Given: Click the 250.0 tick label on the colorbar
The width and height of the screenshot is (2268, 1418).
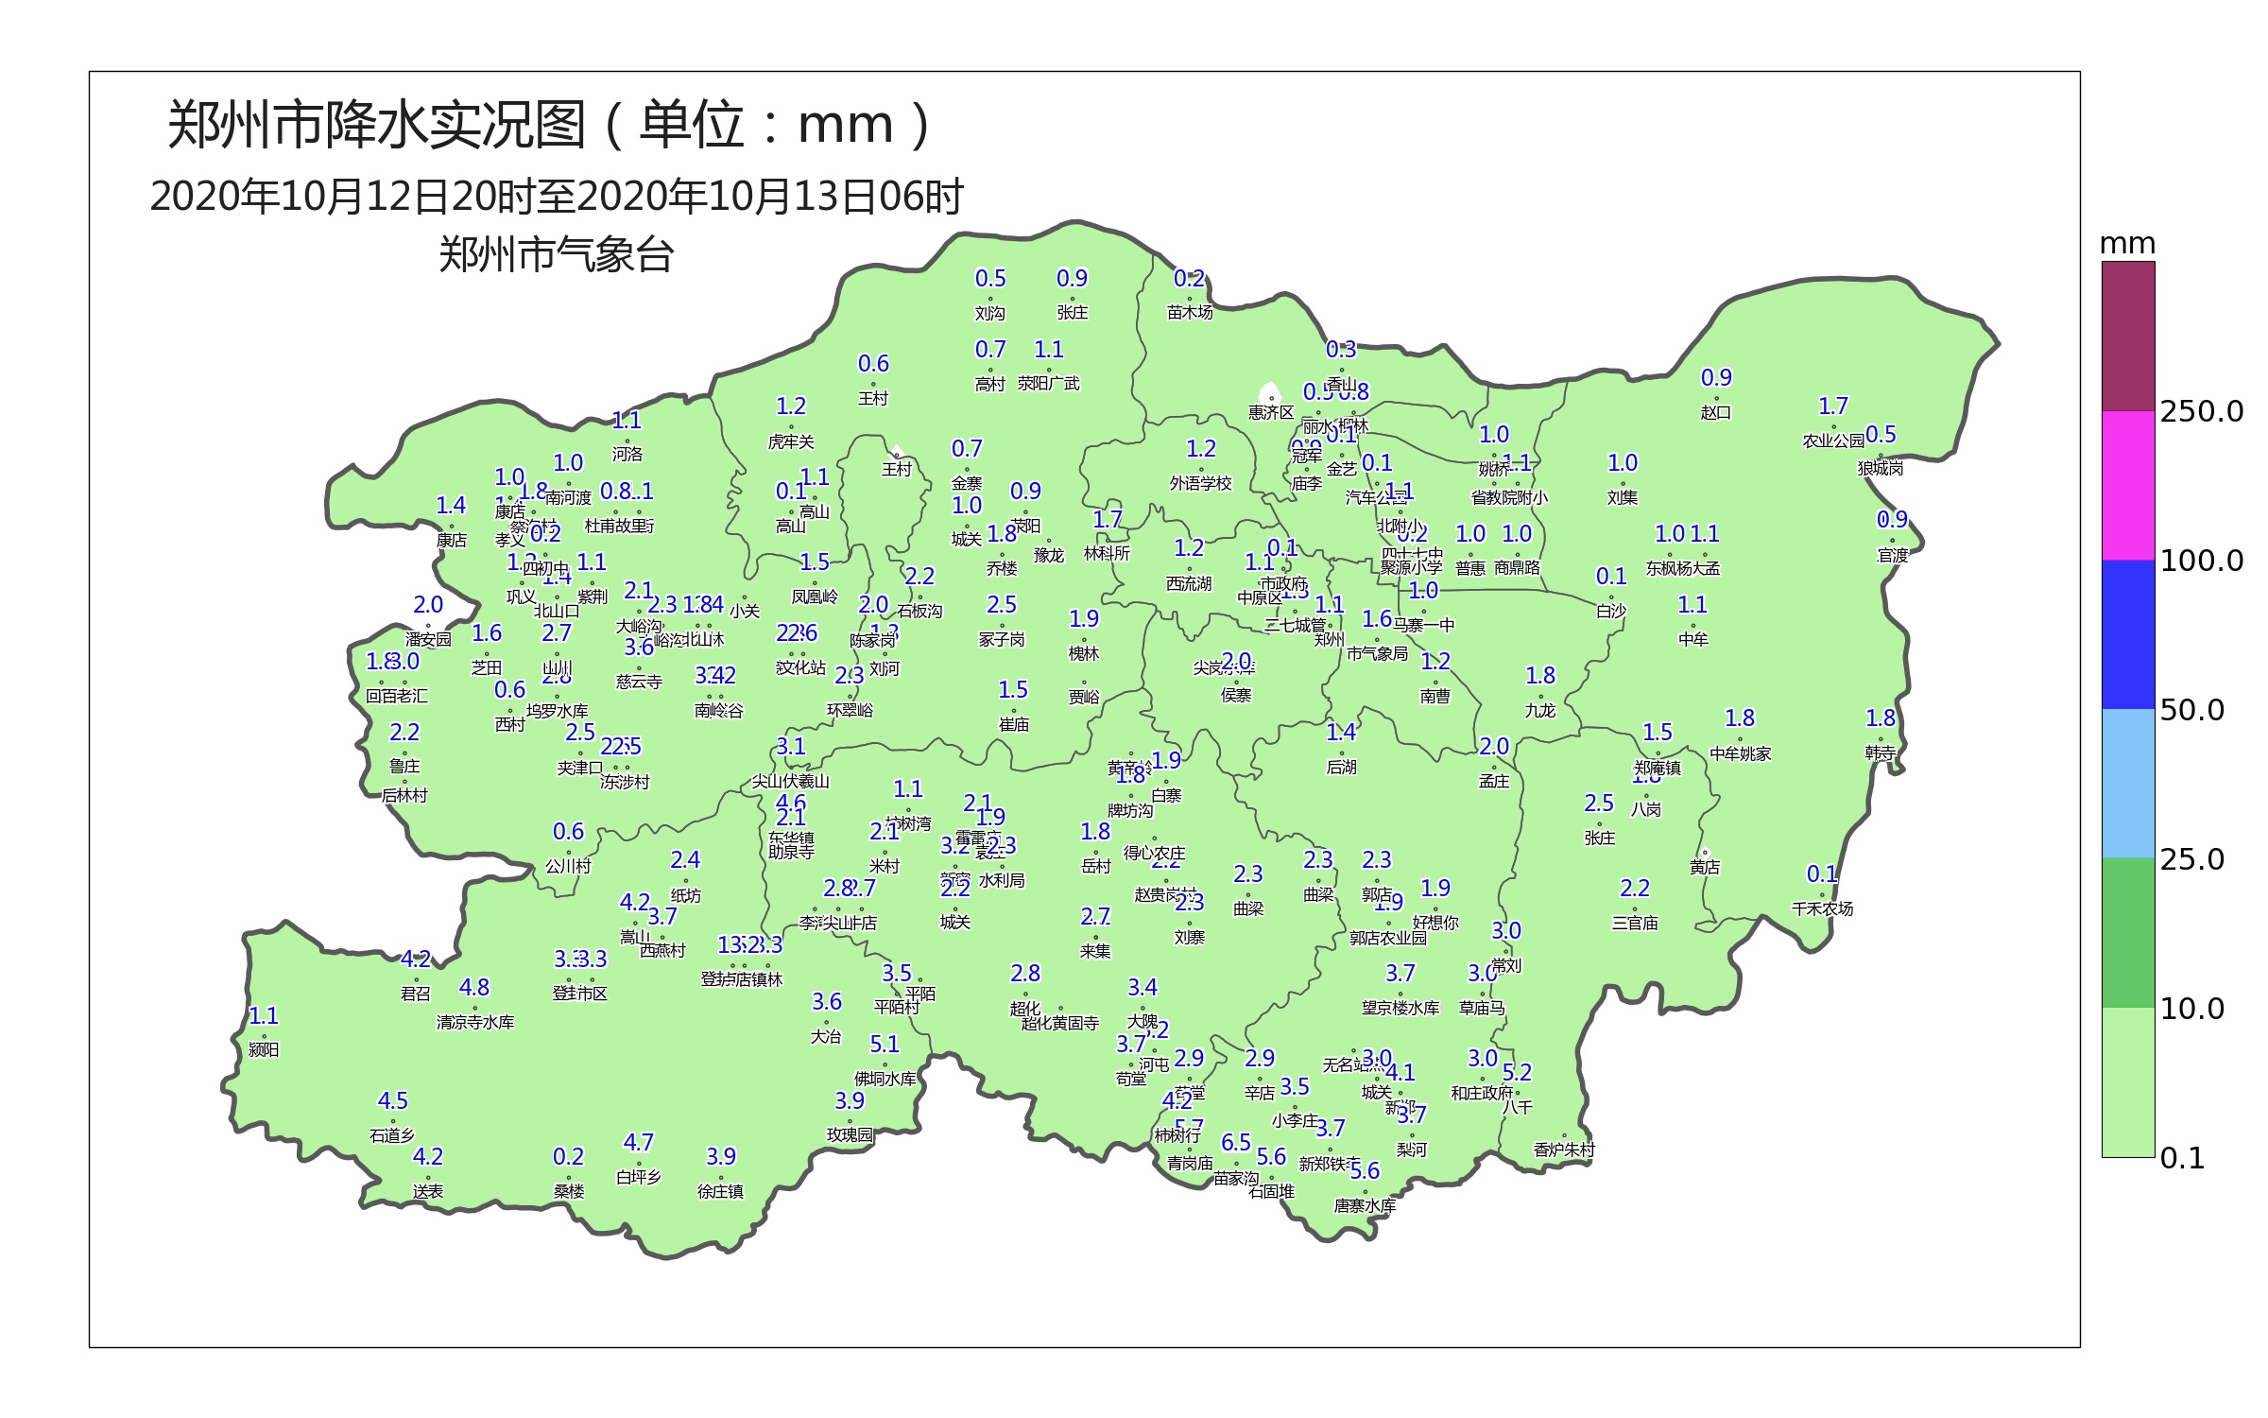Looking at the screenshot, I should [2201, 411].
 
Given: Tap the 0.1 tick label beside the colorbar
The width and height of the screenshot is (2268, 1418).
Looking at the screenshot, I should [2182, 1158].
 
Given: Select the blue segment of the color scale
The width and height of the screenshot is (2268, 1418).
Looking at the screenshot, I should [2128, 634].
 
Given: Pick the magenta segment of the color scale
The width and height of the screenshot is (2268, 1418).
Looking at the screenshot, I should [2128, 485].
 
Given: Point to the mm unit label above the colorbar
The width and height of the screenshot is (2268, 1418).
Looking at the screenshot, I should [2127, 244].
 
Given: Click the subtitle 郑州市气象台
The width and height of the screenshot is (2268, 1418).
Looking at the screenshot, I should [556, 255].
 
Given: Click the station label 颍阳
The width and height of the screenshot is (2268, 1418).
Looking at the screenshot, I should [264, 1049].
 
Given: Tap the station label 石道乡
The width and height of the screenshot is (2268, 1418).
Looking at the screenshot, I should [392, 1134].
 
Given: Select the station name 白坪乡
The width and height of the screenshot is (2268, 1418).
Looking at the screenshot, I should [639, 1177].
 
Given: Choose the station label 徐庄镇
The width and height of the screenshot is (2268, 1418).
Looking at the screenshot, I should [720, 1191].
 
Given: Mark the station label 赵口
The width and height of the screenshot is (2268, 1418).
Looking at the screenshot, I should [1716, 412].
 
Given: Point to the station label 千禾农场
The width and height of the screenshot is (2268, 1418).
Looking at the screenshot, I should [1822, 908].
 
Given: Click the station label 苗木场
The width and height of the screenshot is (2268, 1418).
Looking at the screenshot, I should [1190, 312].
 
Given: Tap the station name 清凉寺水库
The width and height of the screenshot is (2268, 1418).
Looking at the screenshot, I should [474, 1022].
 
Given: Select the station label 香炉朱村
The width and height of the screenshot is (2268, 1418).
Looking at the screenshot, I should [1564, 1150].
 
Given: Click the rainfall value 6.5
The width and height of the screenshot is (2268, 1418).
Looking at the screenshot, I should [1236, 1142].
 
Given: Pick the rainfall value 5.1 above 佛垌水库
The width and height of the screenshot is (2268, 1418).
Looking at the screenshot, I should [885, 1044].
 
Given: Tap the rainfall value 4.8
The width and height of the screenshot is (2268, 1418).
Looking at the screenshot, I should [474, 987].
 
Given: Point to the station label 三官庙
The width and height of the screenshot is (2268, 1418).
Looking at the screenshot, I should [1635, 923].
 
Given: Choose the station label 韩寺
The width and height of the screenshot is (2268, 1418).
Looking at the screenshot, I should [1881, 752].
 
